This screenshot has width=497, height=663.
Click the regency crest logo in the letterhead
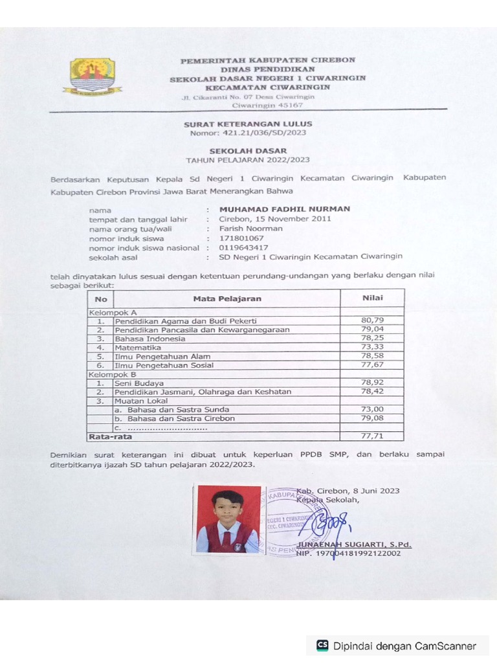(93, 76)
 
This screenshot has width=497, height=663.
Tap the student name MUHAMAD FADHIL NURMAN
(285, 209)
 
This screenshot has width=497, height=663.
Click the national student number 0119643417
(243, 247)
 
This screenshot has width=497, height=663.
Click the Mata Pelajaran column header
(227, 298)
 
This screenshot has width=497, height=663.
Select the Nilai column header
(372, 298)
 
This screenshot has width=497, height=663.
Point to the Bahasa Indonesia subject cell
(150, 339)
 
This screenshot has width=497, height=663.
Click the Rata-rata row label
(105, 436)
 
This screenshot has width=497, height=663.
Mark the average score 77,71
(372, 436)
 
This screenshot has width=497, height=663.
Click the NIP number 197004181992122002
(357, 554)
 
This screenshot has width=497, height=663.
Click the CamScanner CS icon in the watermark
(322, 646)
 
